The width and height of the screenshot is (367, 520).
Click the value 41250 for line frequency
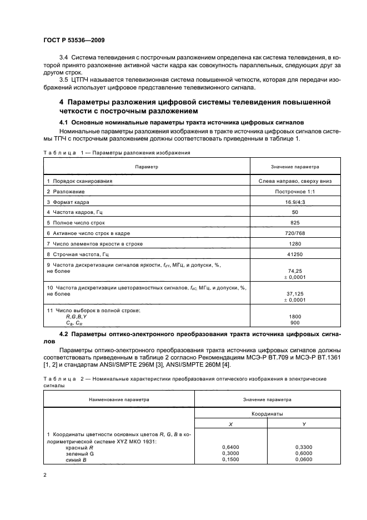coord(295,254)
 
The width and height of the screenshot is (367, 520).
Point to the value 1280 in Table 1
coord(295,244)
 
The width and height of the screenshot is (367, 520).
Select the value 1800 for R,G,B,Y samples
coord(295,316)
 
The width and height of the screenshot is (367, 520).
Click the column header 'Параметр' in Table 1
coord(146,166)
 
